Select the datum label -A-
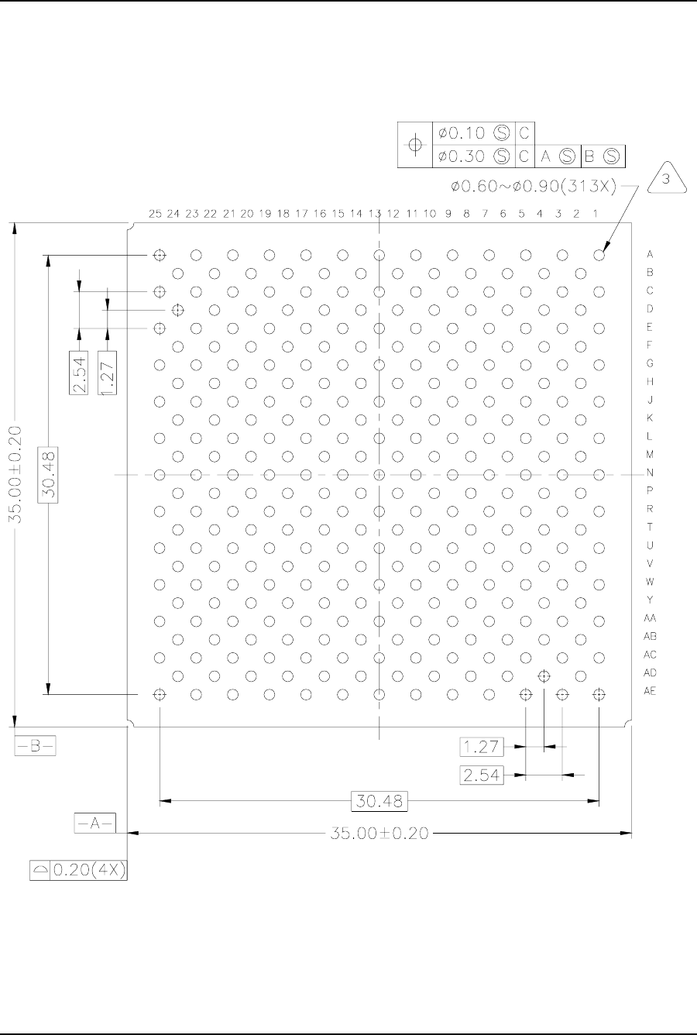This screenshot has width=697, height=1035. [x=95, y=823]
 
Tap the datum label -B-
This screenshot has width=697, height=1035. [x=35, y=746]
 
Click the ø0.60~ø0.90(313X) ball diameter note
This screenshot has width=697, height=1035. [x=534, y=186]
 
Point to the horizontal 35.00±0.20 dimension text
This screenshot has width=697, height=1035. [x=379, y=833]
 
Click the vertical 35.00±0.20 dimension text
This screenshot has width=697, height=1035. [x=15, y=475]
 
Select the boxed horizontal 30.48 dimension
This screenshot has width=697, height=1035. [x=379, y=801]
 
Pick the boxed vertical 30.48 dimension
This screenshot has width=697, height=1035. [x=48, y=475]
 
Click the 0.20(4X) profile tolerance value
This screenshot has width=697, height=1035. [x=89, y=870]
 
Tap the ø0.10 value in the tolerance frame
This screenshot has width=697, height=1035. [x=462, y=133]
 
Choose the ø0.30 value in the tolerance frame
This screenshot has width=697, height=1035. [x=462, y=156]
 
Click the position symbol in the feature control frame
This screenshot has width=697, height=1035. [x=415, y=145]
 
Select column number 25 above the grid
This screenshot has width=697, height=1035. [x=155, y=214]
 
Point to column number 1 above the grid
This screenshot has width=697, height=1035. [x=596, y=214]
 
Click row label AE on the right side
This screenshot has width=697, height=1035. [x=650, y=691]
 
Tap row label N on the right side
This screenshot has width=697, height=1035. [x=650, y=473]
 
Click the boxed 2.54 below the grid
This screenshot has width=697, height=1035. [x=481, y=775]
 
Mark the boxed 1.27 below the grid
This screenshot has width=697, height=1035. [x=481, y=747]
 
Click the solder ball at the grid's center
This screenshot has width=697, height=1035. [x=379, y=475]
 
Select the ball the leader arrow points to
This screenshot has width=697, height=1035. [x=599, y=255]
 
